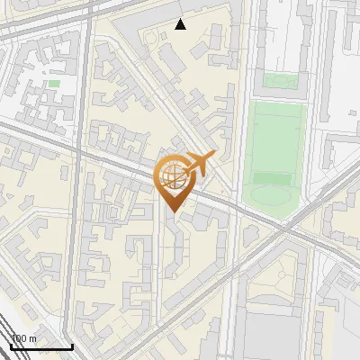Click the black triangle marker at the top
pos(181,24)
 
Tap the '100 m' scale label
pos(23,338)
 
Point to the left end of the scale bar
pos(11,347)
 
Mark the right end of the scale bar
pos(72,347)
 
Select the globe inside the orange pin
pos(172,176)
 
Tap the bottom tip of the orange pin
pos(172,212)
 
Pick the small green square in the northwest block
pos(54,84)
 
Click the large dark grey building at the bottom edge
pos(270,333)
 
